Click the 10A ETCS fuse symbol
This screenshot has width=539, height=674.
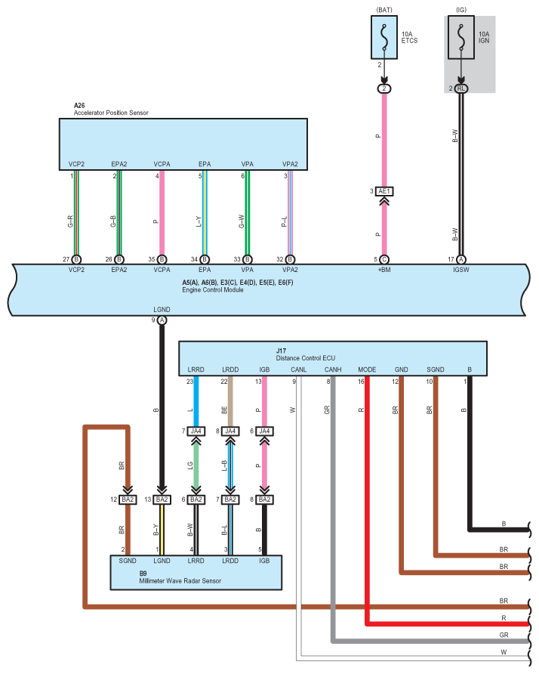[384, 37]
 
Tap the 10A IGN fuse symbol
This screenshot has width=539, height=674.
[460, 37]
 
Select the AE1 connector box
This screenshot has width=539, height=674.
[384, 191]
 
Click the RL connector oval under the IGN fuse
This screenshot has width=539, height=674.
[460, 88]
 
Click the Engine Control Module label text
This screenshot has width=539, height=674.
[213, 289]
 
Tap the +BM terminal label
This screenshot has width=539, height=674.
[384, 270]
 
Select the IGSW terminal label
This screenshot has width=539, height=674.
[460, 270]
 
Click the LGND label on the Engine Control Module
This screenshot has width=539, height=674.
[162, 310]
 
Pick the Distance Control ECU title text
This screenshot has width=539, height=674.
[306, 358]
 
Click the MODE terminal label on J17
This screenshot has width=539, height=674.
[367, 369]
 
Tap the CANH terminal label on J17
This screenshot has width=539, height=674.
[333, 369]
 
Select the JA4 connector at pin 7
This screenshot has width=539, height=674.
[196, 431]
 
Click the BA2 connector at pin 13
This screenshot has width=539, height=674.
[162, 499]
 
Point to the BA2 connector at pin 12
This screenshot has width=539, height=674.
[128, 499]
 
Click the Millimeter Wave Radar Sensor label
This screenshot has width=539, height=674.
[180, 581]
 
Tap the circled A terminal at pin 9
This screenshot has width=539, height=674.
[162, 320]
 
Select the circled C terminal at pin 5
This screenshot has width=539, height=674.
[384, 260]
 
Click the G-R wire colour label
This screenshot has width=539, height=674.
[70, 221]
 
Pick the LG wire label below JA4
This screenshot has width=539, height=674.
[190, 465]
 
